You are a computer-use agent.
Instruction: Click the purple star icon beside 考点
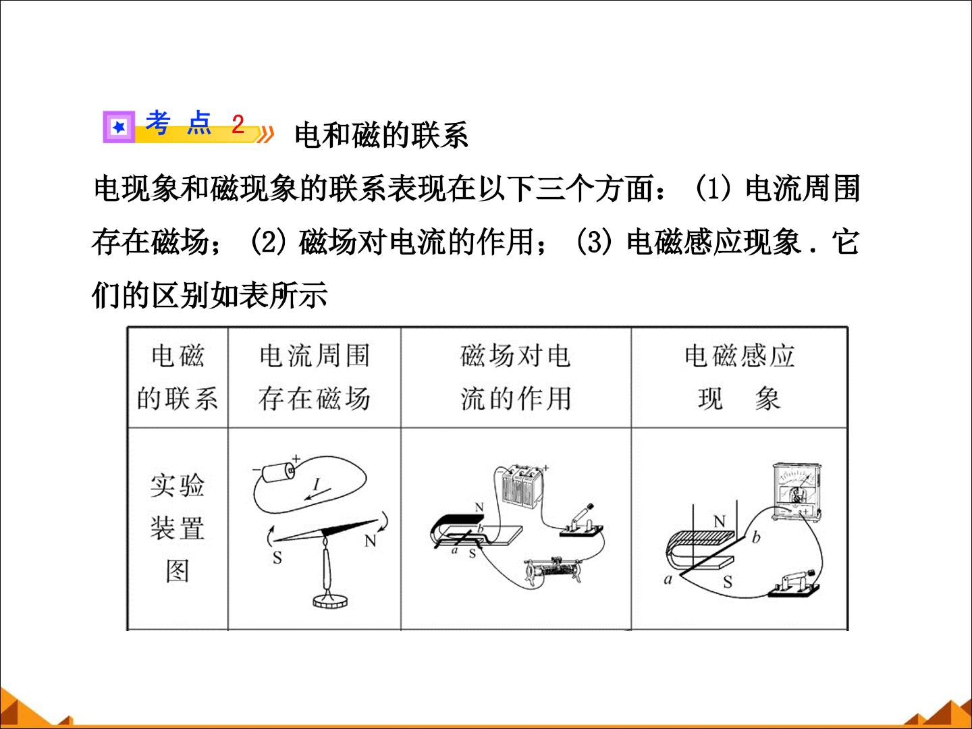pos(119,127)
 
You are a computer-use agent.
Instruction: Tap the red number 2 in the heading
pos(238,124)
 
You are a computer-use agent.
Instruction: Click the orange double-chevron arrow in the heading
pos(265,134)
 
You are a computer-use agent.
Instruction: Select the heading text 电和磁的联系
pos(381,134)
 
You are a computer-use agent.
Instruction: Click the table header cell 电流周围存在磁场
pos(315,377)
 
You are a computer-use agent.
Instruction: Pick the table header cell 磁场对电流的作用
pos(516,377)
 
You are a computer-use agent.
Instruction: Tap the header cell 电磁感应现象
pos(740,377)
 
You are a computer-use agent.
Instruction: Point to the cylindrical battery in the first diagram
pos(278,473)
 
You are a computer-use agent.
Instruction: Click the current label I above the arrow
pos(316,485)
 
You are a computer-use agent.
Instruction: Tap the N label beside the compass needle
pos(370,541)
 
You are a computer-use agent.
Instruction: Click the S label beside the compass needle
pos(277,558)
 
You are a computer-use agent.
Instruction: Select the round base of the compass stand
pos(330,601)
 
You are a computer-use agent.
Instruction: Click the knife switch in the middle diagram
pos(581,522)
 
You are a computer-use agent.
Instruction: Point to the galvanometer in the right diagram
pos(796,491)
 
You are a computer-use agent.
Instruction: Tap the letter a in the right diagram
pos(668,579)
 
